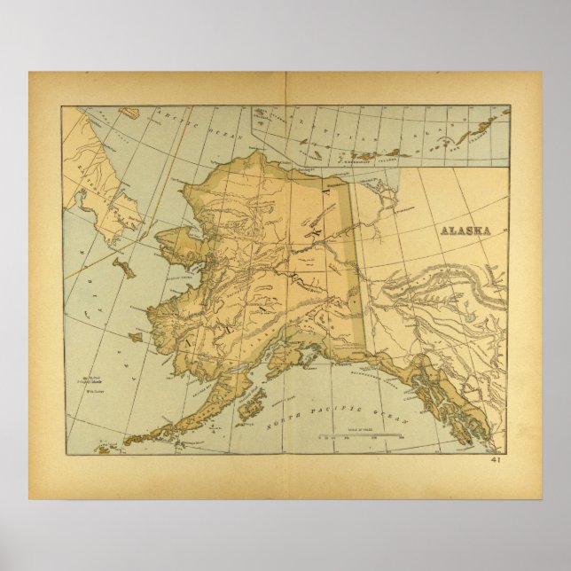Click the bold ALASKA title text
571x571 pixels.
pyautogui.click(x=466, y=228)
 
